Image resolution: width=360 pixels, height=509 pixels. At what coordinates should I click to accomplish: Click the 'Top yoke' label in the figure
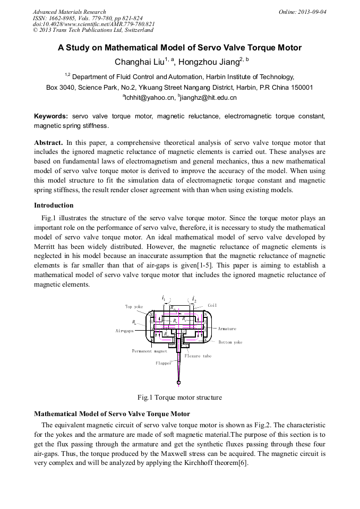[134, 306]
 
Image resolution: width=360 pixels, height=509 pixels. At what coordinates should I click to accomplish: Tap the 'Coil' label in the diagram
[212, 305]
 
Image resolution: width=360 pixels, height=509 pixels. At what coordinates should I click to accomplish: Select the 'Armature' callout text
[227, 329]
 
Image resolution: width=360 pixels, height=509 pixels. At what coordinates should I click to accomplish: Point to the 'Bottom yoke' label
[230, 342]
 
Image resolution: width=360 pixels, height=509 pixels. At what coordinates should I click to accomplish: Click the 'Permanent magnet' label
[149, 351]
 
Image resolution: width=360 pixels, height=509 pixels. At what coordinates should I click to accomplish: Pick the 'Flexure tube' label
[198, 356]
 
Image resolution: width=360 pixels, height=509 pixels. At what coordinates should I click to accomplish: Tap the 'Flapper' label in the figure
[164, 364]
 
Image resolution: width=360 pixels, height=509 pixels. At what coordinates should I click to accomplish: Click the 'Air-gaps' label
[124, 330]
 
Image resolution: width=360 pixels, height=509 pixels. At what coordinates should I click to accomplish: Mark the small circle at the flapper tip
[178, 382]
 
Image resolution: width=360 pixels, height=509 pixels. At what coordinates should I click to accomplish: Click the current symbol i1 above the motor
[164, 299]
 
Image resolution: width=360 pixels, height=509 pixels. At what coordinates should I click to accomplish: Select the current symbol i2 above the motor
[194, 299]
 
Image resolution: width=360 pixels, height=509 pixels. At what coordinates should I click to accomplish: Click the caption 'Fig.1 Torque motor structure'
[179, 397]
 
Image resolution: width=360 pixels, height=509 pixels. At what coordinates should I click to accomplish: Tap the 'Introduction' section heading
[54, 205]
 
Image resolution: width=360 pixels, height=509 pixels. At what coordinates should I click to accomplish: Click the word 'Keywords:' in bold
[51, 116]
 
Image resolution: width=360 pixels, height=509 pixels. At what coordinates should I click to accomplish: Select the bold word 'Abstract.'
[49, 143]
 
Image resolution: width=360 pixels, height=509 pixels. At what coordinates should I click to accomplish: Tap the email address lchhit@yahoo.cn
[150, 98]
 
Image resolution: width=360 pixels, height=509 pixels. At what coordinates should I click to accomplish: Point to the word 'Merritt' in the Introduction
[47, 246]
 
